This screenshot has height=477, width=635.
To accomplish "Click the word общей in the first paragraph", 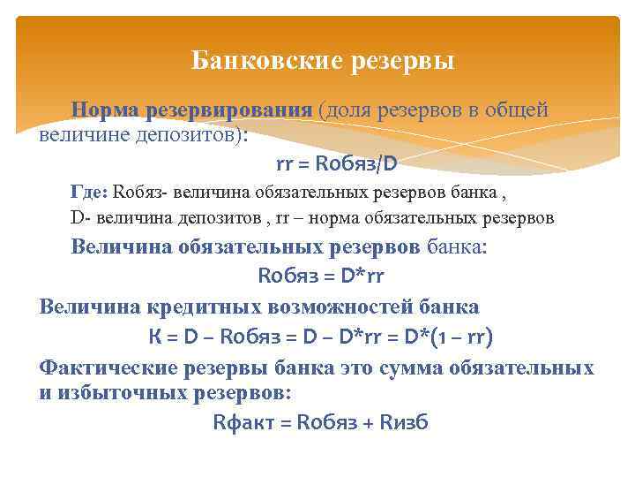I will (x=521, y=110).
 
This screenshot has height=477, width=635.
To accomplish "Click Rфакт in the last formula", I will (x=242, y=422).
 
